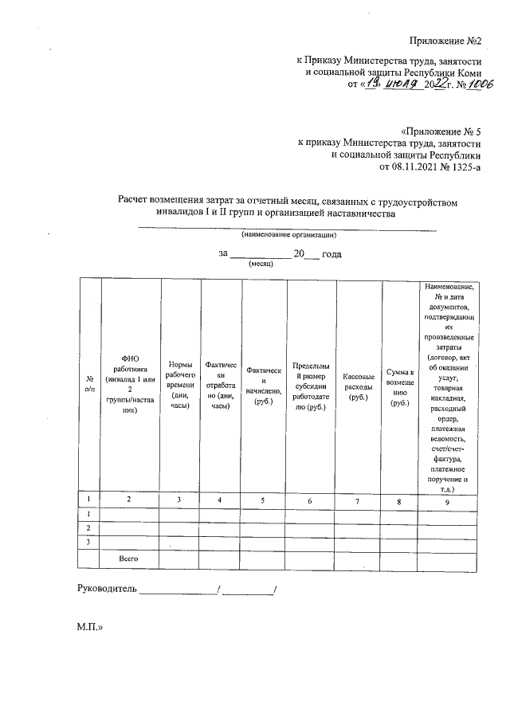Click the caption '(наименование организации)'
(289, 235)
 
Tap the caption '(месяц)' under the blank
(261, 263)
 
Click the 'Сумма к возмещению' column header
(399, 386)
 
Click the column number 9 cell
(448, 501)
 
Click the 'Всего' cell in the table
(129, 558)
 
